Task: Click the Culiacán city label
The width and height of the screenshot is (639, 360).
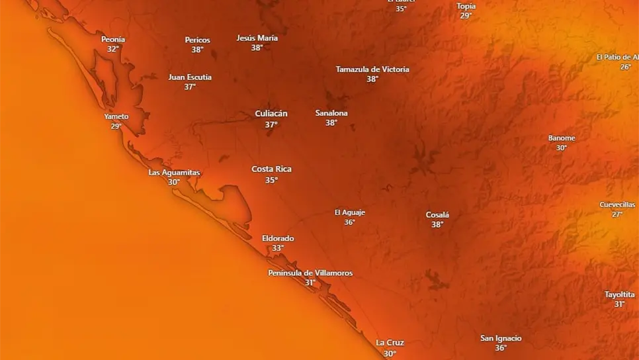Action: coord(271,114)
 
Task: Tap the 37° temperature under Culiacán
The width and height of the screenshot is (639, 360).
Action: coord(271,124)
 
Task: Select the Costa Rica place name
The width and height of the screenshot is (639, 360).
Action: coord(271,169)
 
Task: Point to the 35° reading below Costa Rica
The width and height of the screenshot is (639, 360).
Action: coord(271,180)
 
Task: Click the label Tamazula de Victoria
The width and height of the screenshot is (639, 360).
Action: coord(372,69)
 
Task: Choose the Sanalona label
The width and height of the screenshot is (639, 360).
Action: coord(331,113)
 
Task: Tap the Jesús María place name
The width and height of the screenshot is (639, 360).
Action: coord(257,38)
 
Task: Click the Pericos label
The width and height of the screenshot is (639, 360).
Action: coord(197,40)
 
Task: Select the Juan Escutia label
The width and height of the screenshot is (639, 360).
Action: coord(190,77)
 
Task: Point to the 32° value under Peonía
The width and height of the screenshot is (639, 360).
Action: coord(113,49)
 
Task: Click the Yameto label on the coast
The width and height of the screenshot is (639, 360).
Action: coord(116,116)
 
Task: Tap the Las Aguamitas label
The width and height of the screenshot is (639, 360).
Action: coord(174,173)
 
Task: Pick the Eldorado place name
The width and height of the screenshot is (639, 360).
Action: coord(278,238)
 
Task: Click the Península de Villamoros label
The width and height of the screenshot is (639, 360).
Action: coord(310,273)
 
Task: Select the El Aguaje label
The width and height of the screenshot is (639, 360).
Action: coord(350,212)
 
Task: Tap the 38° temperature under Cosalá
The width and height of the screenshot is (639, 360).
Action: coord(437,225)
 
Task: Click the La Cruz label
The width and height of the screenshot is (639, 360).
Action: coord(390,343)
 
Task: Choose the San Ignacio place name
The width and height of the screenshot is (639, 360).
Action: coord(501,338)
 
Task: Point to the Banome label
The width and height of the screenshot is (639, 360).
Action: coord(562,138)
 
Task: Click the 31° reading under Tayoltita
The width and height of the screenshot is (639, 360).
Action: coord(619,304)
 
